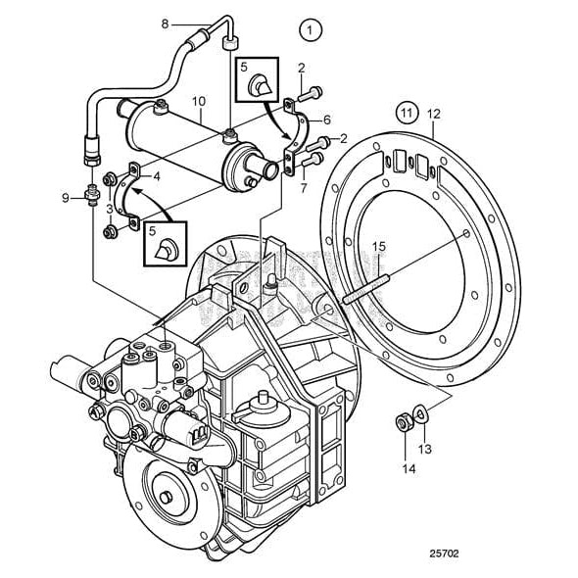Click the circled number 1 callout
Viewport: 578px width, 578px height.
tap(311, 29)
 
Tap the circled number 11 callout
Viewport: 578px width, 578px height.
tap(406, 114)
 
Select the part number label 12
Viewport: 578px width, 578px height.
tap(434, 115)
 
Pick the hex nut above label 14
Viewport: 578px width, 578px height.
tap(402, 423)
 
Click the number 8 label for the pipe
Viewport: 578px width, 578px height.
tap(165, 23)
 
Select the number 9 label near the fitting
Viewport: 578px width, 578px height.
tap(66, 198)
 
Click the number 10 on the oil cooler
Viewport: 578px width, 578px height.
tap(198, 100)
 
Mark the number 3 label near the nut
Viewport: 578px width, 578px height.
tap(110, 209)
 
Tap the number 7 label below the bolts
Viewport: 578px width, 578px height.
tap(305, 186)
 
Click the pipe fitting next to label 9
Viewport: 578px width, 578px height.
tap(91, 191)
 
